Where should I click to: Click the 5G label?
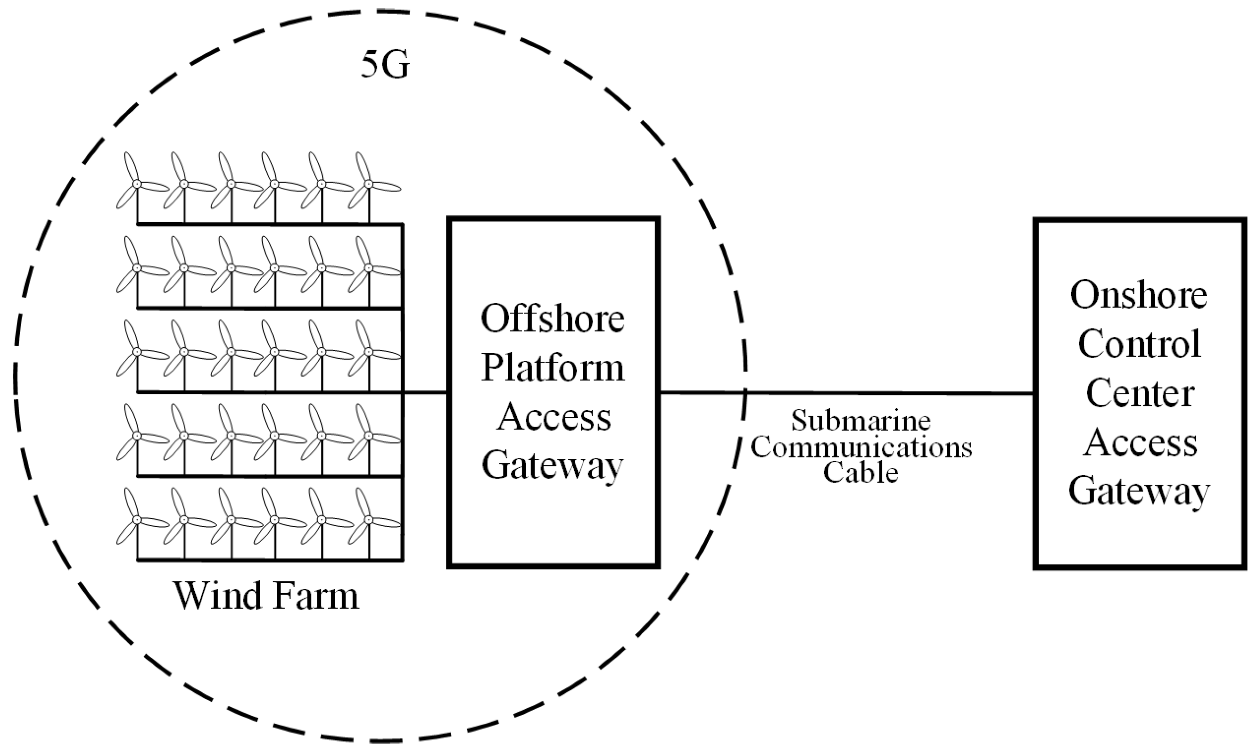tap(385, 65)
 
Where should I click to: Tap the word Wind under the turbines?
tap(219, 596)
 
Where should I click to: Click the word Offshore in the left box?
tap(553, 318)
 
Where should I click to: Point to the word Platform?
tap(553, 368)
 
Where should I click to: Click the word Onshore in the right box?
tap(1139, 295)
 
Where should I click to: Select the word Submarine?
tap(861, 421)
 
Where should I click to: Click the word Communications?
tap(861, 447)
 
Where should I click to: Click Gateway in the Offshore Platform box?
tap(553, 465)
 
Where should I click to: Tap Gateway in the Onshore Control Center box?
tap(1139, 492)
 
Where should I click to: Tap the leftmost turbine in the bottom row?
tap(137, 520)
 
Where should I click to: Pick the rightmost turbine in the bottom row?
tap(368, 520)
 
